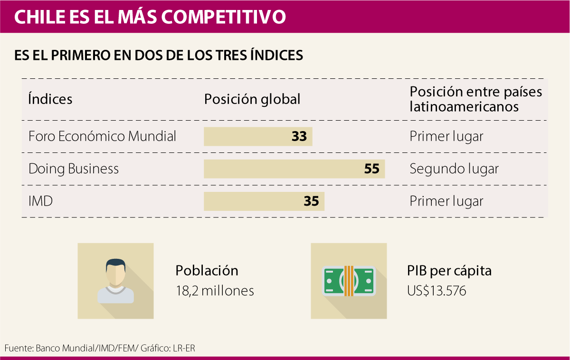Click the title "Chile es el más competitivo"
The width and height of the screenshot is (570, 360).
pos(150,17)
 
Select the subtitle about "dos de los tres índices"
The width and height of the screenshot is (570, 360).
pos(159,55)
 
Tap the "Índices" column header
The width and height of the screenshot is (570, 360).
pos(50,99)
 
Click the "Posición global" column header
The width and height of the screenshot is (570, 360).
pos(252,99)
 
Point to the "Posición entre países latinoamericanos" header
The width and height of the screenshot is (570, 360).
pos(475,99)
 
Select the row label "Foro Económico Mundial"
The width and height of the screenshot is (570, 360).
pos(102,137)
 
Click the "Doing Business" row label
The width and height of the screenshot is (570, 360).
pos(74,169)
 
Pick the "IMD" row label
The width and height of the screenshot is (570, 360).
pos(40,201)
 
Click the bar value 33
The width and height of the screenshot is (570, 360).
pos(299,137)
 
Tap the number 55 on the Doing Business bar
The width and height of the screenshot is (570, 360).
pos(372,169)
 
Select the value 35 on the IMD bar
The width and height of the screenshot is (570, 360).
pos(311,201)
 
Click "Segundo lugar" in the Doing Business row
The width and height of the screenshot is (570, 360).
pos(454,169)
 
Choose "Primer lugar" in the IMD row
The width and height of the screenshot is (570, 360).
pos(446,201)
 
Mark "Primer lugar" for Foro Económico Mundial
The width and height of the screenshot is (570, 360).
pos(446,137)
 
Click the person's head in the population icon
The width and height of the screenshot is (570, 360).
pos(116,271)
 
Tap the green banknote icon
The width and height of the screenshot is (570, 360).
pos(349,280)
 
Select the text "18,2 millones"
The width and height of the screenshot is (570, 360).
pos(215,291)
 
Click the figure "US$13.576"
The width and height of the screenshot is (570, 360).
pos(437,291)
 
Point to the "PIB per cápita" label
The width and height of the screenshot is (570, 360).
pos(449,271)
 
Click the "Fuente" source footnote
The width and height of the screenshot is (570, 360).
pos(100,348)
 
